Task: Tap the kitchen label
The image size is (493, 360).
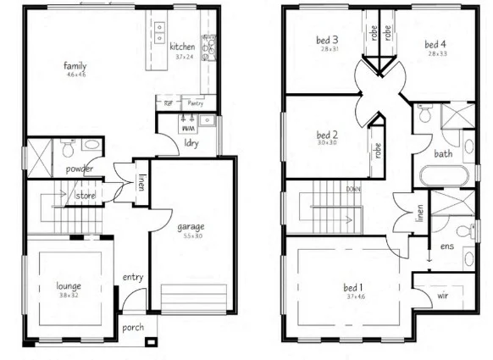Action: point(182,47)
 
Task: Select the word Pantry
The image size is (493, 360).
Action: point(196,104)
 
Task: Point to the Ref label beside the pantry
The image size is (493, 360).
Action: point(169,104)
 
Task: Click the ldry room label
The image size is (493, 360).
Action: point(191,142)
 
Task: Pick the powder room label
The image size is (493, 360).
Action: point(79,169)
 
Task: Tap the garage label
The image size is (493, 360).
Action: point(191,226)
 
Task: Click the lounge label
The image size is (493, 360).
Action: point(69,285)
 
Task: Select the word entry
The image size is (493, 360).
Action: point(132,277)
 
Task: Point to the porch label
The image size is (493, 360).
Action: point(132,326)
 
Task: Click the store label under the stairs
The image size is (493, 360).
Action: point(86,197)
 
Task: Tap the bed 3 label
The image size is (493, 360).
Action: point(329,40)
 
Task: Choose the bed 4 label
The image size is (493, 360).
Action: point(435,44)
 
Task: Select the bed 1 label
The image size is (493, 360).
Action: point(352,286)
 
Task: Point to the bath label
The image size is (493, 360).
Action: point(443,154)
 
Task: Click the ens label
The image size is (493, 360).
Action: point(446,246)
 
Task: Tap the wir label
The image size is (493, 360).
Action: point(442,296)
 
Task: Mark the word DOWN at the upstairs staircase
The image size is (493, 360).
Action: point(354,189)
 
